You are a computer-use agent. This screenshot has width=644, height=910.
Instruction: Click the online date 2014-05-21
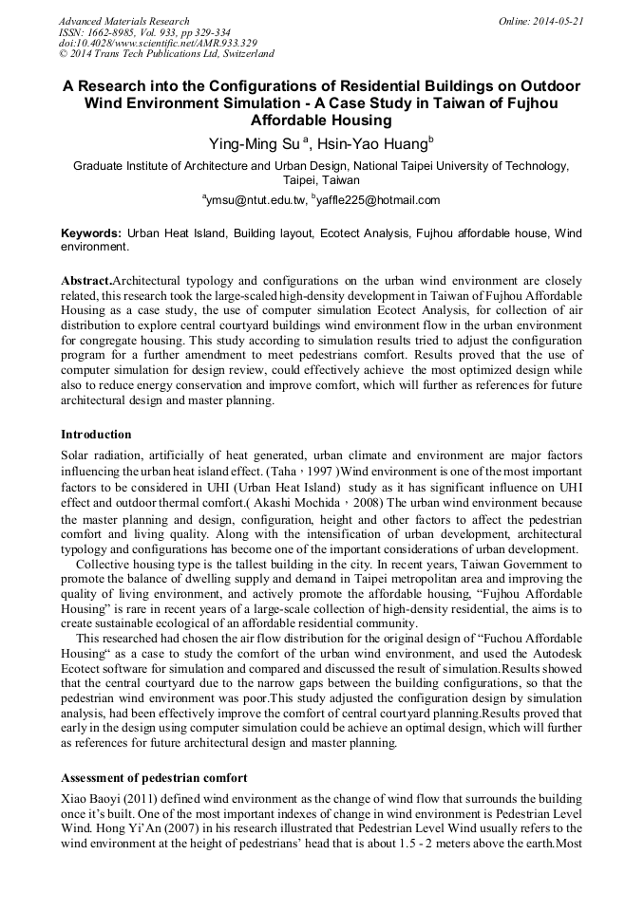[558, 21]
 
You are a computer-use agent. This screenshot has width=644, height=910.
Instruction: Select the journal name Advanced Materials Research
[123, 21]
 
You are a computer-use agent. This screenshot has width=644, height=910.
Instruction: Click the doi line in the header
[158, 44]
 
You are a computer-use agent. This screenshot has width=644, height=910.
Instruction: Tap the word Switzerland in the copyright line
[243, 54]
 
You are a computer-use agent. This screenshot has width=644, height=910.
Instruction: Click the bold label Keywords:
[91, 232]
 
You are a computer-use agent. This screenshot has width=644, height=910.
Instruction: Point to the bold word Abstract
[85, 283]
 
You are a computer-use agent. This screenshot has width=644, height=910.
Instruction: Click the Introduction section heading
[96, 434]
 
